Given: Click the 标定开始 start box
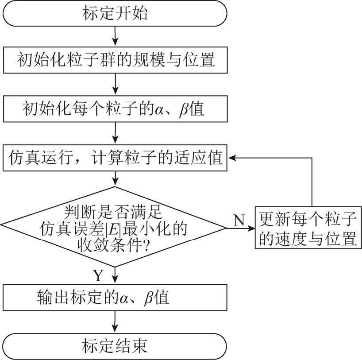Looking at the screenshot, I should click(x=115, y=14).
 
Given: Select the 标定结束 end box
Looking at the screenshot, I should click(x=115, y=346).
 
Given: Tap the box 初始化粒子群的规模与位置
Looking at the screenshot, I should click(x=115, y=60).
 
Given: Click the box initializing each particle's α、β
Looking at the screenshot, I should click(x=115, y=109).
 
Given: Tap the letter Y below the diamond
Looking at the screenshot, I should click(x=98, y=276).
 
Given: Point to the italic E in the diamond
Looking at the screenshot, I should click(x=119, y=229).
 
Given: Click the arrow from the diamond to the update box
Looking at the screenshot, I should click(x=241, y=228).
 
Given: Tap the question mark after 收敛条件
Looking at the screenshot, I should click(x=143, y=244).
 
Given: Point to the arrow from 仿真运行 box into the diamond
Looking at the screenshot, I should click(x=115, y=178).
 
